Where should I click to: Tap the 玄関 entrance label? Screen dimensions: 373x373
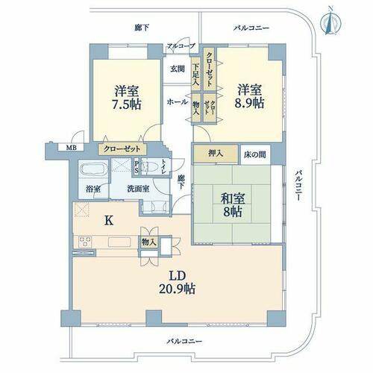tap(178, 69)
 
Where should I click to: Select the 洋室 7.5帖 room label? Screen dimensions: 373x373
tap(127, 98)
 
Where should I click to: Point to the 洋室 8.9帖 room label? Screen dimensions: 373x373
tap(249, 96)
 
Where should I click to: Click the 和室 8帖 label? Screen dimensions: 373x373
tap(232, 205)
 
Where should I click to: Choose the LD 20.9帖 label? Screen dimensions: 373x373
tap(178, 282)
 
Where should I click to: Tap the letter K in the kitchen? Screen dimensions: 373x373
tap(109, 220)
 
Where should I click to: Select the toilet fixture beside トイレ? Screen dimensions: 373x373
tap(149, 167)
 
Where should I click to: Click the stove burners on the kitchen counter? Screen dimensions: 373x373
tap(85, 242)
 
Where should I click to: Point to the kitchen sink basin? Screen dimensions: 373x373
tap(119, 242)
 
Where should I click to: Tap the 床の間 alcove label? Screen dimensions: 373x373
tap(255, 154)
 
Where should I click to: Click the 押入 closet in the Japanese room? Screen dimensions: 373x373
tap(216, 154)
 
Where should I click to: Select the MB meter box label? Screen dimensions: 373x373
tap(71, 148)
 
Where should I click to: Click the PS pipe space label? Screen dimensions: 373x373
tap(137, 167)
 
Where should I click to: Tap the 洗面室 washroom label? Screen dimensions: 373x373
tap(138, 189)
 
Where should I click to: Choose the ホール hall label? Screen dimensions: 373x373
tap(178, 101)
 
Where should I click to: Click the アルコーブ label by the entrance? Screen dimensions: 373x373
tap(181, 46)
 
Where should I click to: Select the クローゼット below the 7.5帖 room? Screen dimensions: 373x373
tap(122, 149)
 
